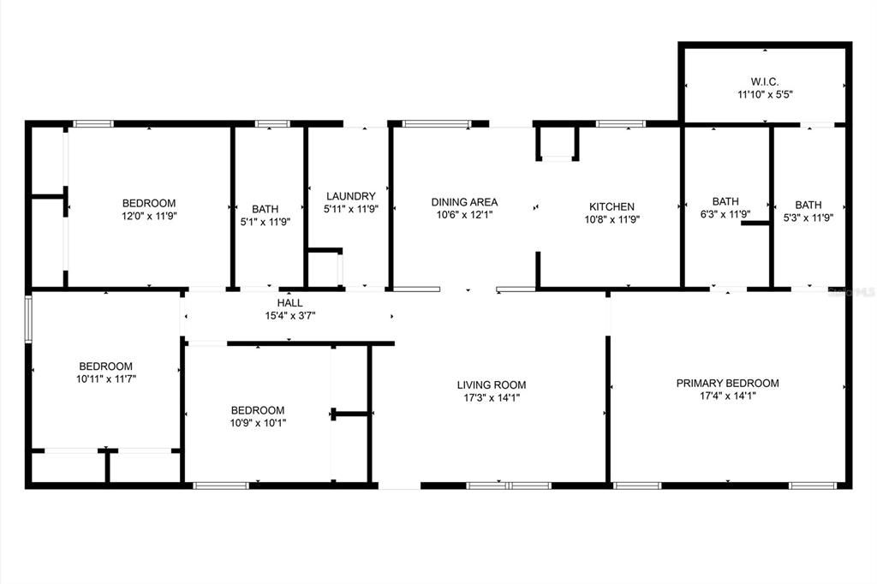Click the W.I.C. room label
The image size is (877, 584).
[765, 81]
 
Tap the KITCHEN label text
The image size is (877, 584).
[612, 206]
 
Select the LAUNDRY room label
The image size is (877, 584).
[350, 196]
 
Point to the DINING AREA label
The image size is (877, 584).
[464, 203]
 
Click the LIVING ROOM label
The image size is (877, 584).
[492, 385]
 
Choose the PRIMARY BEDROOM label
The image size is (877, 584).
[727, 383]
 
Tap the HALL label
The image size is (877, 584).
[289, 303]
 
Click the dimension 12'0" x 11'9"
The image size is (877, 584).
[149, 216]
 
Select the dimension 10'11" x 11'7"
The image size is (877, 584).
[106, 378]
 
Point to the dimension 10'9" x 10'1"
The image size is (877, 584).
[257, 422]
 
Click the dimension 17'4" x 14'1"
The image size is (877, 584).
[727, 396]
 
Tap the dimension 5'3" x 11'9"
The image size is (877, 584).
[808, 218]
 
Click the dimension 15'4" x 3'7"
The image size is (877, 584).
[289, 315]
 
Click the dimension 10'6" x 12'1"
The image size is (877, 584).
[464, 215]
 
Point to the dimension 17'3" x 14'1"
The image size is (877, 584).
[492, 397]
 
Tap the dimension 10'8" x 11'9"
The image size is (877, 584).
[612, 218]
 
